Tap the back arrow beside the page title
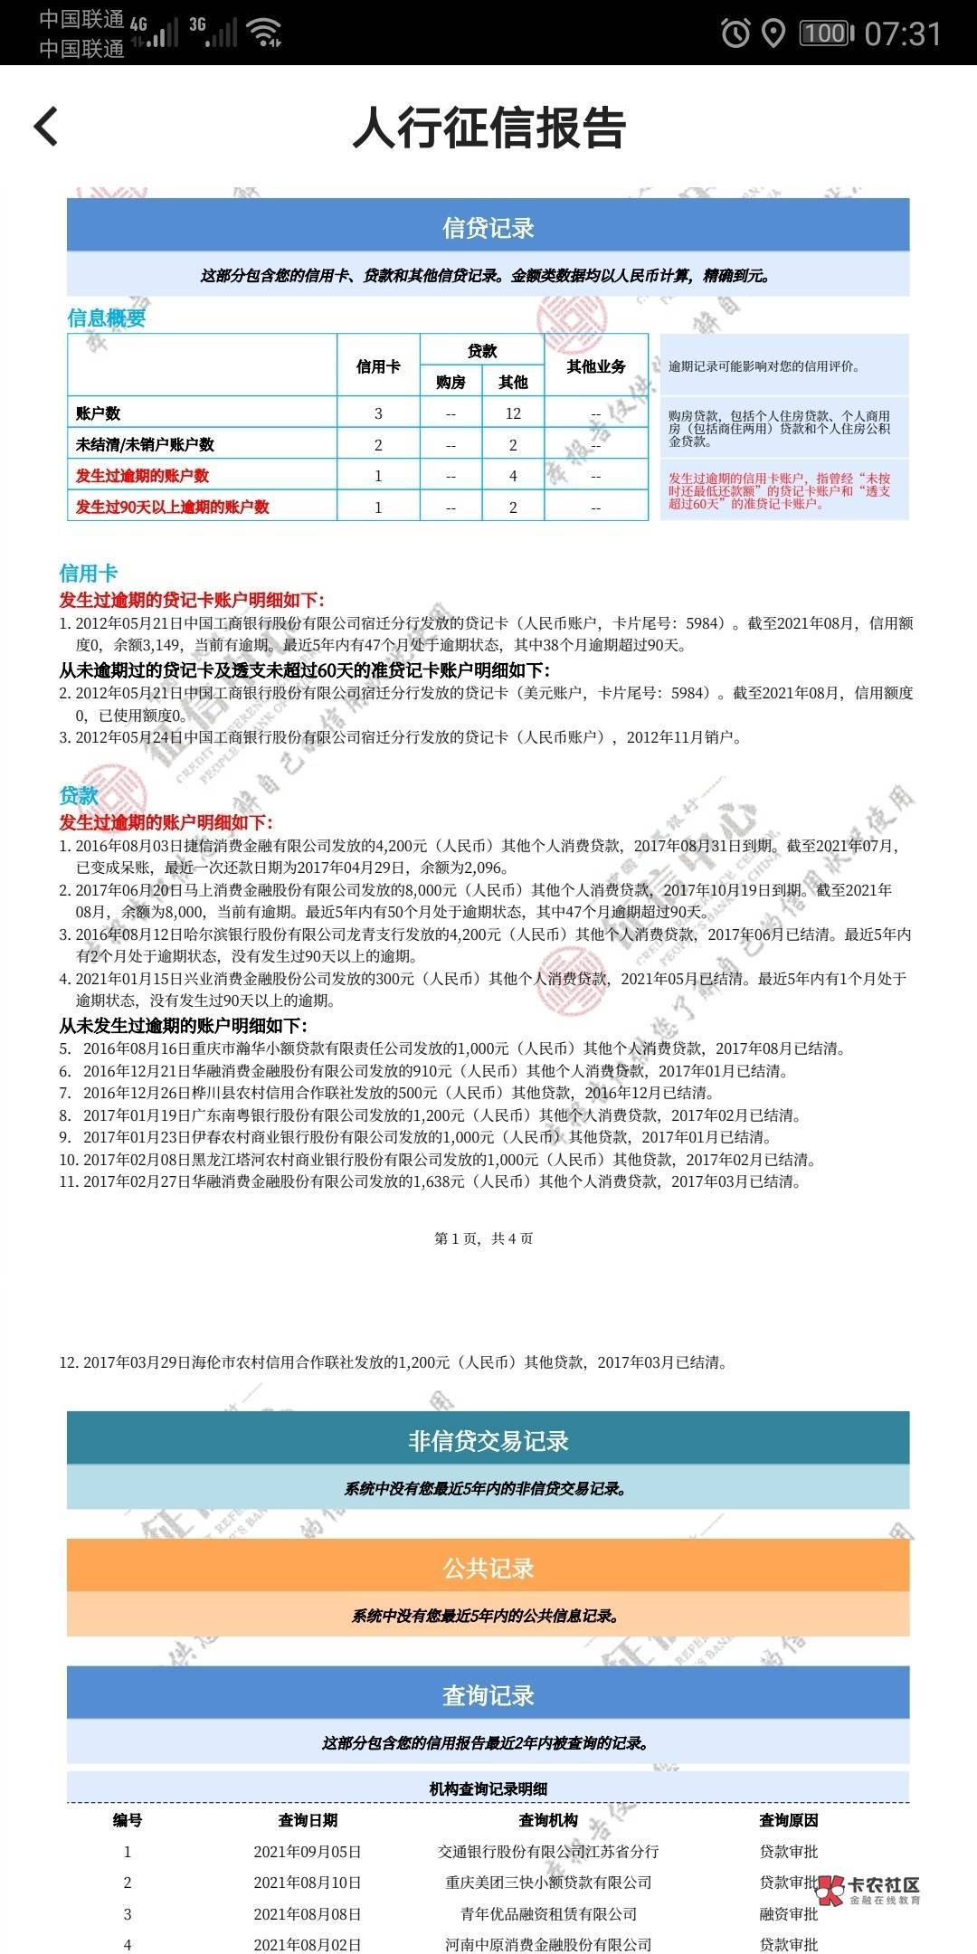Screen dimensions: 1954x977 click(x=46, y=126)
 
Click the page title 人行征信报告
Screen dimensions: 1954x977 click(x=488, y=128)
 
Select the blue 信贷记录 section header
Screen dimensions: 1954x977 click(x=488, y=227)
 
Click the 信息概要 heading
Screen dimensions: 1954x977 click(x=107, y=318)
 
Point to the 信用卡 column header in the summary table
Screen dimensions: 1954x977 click(x=378, y=366)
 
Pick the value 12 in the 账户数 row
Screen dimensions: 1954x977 click(x=513, y=413)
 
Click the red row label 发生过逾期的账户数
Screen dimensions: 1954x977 click(x=143, y=476)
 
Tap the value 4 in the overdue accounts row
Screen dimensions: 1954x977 click(x=513, y=476)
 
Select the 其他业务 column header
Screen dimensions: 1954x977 click(x=596, y=366)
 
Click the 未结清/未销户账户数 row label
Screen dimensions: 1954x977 click(x=145, y=445)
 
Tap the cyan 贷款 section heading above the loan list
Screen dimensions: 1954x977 click(x=79, y=795)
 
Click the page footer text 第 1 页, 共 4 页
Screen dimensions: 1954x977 click(x=484, y=1238)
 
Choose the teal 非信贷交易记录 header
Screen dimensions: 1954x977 click(x=488, y=1441)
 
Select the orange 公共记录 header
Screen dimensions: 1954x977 click(x=488, y=1568)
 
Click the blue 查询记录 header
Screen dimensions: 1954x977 click(x=488, y=1695)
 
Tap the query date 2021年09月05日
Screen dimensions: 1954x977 click(x=308, y=1852)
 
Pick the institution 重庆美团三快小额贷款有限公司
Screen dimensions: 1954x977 click(x=548, y=1883)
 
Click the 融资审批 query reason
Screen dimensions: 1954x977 click(x=788, y=1914)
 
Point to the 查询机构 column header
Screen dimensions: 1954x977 click(x=548, y=1820)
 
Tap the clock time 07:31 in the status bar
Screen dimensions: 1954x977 click(x=903, y=34)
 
